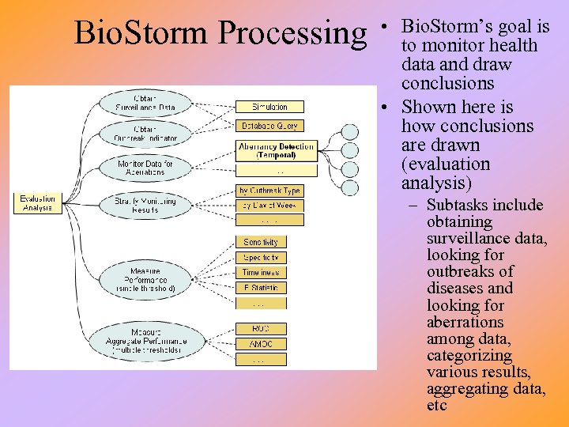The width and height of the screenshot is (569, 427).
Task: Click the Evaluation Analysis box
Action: pyautogui.click(x=37, y=202)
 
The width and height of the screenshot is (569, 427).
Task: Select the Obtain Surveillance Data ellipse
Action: pyautogui.click(x=144, y=103)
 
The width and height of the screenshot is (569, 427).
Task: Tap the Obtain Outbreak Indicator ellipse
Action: pyautogui.click(x=145, y=134)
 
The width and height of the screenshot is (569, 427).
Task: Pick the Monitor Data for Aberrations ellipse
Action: pyautogui.click(x=145, y=168)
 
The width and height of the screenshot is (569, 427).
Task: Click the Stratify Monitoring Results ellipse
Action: pyautogui.click(x=145, y=206)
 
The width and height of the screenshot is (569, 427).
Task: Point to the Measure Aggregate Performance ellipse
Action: pyautogui.click(x=145, y=341)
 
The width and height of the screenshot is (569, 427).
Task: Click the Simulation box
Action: pyautogui.click(x=269, y=107)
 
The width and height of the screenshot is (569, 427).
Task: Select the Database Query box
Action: pyautogui.click(x=269, y=126)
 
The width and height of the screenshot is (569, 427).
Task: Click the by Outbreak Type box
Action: pyautogui.click(x=269, y=191)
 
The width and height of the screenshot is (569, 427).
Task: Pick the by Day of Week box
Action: pyautogui.click(x=269, y=206)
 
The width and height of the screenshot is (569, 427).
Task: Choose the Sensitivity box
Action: pyautogui.click(x=260, y=242)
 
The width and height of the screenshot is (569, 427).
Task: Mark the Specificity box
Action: pyautogui.click(x=260, y=258)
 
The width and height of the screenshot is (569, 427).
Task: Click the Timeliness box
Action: pyautogui.click(x=260, y=273)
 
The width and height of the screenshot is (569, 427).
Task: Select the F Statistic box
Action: pyautogui.click(x=260, y=288)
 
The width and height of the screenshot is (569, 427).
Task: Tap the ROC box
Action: pyautogui.click(x=260, y=328)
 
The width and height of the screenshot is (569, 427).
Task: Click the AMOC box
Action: pyautogui.click(x=260, y=344)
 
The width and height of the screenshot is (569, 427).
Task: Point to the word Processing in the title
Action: pyautogui.click(x=293, y=34)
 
